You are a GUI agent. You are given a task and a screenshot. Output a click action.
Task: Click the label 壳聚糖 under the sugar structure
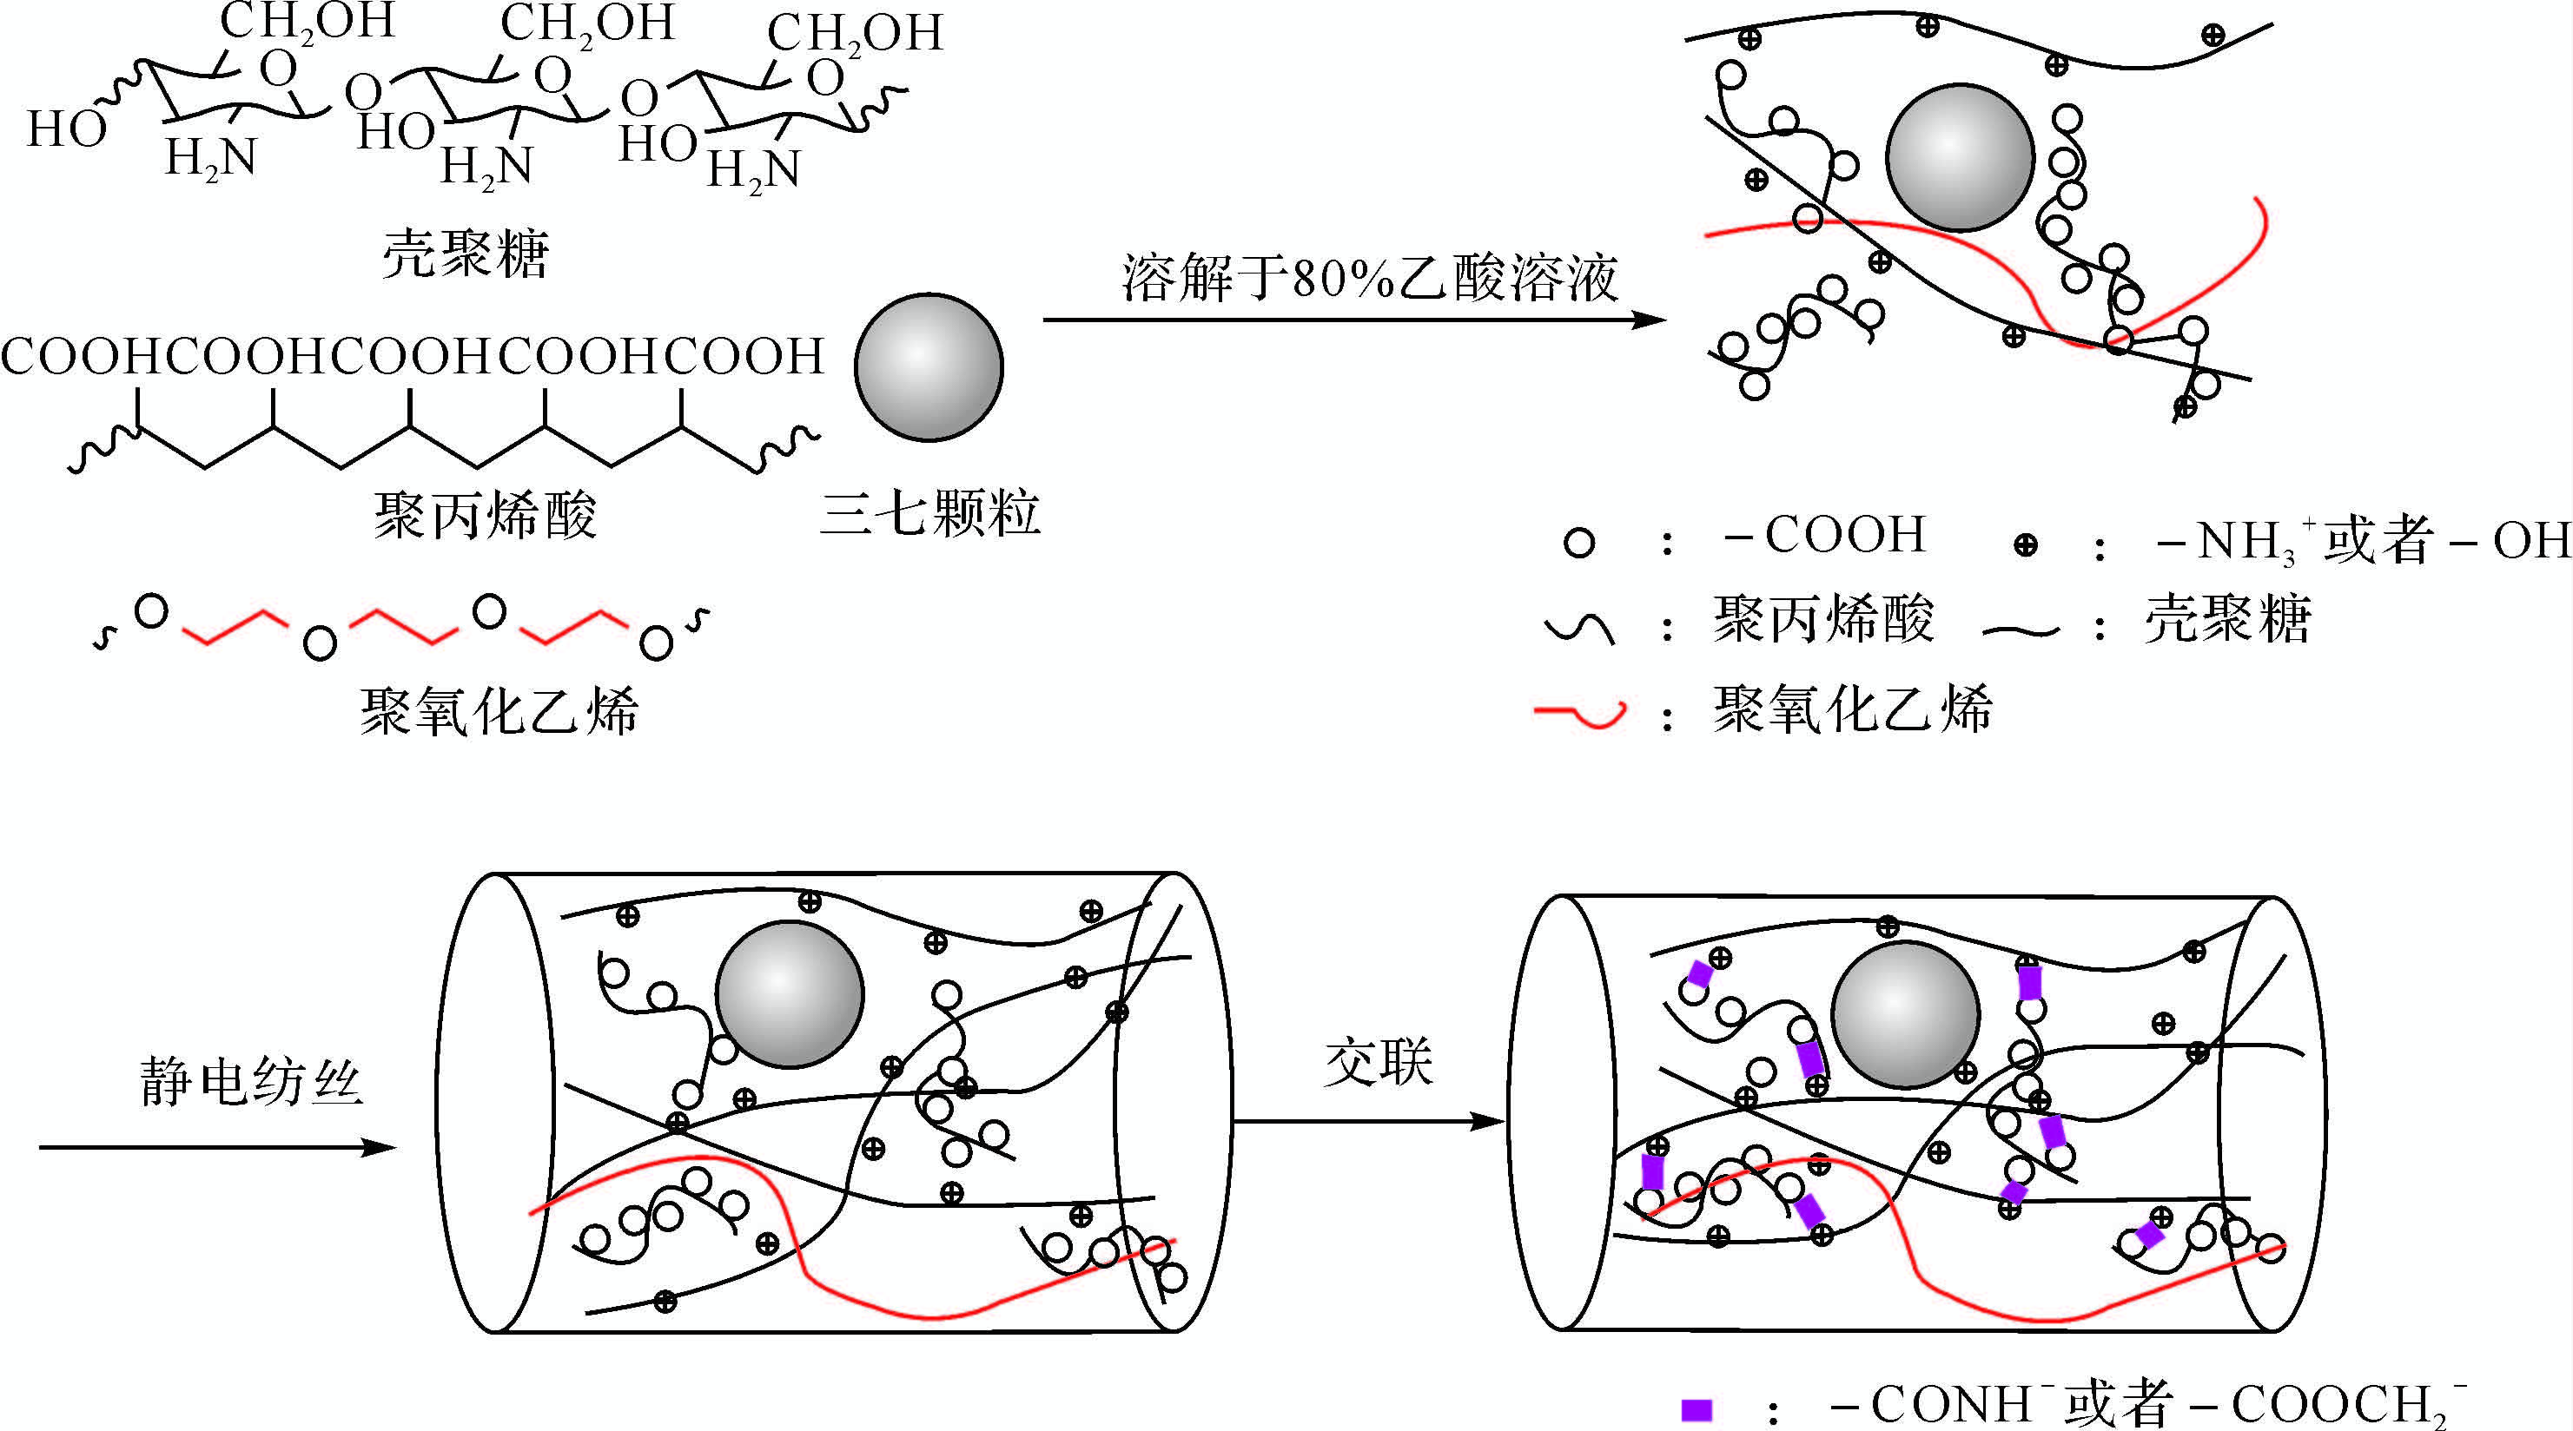pyautogui.click(x=466, y=254)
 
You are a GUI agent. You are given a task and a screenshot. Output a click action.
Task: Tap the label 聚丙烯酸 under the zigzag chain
pyautogui.click(x=486, y=515)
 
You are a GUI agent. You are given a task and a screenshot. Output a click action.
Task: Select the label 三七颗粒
pyautogui.click(x=930, y=513)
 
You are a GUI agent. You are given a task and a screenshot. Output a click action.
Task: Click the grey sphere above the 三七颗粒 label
pyautogui.click(x=929, y=367)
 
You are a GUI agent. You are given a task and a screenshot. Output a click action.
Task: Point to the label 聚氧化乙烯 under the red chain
pyautogui.click(x=499, y=711)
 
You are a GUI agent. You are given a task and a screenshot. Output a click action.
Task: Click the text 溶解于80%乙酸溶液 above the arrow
pyautogui.click(x=1369, y=278)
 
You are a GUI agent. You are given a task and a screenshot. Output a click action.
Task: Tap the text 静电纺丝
pyautogui.click(x=251, y=1081)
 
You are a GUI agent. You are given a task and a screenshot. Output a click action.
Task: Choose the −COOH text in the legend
pyautogui.click(x=1825, y=535)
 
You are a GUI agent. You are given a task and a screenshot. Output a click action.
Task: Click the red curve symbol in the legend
pyautogui.click(x=1580, y=713)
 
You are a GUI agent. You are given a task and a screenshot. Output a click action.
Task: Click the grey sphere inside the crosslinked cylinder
pyautogui.click(x=1906, y=1014)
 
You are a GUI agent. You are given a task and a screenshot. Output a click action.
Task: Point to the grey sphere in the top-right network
pyautogui.click(x=1961, y=158)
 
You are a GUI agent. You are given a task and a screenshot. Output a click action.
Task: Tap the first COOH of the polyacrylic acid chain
pyautogui.click(x=82, y=355)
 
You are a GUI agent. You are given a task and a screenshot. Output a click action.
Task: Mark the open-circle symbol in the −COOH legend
pyautogui.click(x=1579, y=544)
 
